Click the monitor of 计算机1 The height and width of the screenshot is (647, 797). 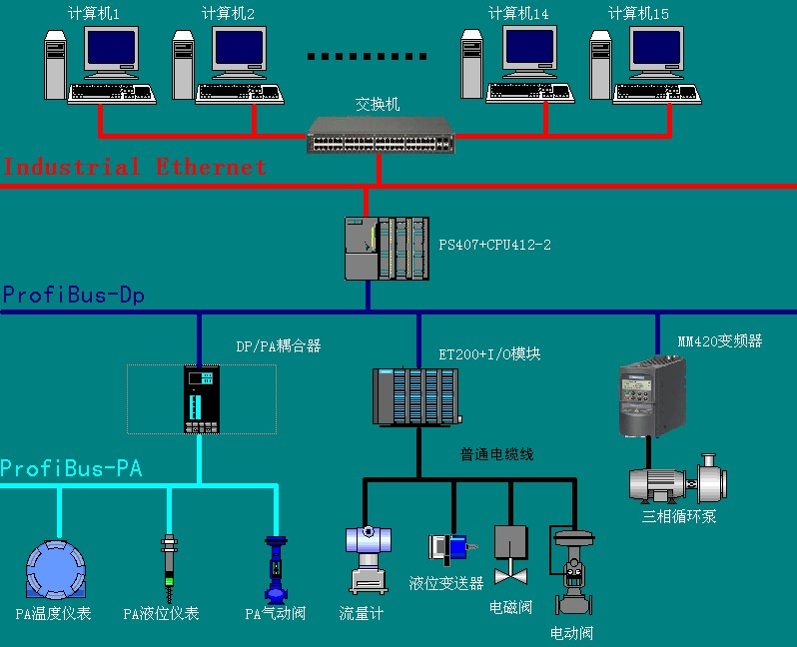click(x=110, y=50)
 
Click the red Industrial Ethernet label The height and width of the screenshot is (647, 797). click(x=135, y=167)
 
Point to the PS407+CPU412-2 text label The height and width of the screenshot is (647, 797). click(x=495, y=245)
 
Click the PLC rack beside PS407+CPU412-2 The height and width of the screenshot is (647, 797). click(x=388, y=249)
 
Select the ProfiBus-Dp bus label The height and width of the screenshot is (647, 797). click(x=74, y=296)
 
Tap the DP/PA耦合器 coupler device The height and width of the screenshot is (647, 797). click(x=201, y=399)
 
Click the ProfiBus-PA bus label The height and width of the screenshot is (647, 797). click(x=71, y=468)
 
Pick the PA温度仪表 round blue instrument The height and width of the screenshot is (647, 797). click(x=56, y=570)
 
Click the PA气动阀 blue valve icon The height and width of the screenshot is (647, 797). click(x=276, y=568)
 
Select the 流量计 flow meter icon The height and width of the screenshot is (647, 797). click(x=367, y=559)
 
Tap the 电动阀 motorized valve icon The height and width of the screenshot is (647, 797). click(x=573, y=574)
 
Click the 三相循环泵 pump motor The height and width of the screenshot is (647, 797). click(x=674, y=482)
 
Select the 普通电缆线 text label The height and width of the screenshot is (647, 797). click(x=496, y=455)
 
